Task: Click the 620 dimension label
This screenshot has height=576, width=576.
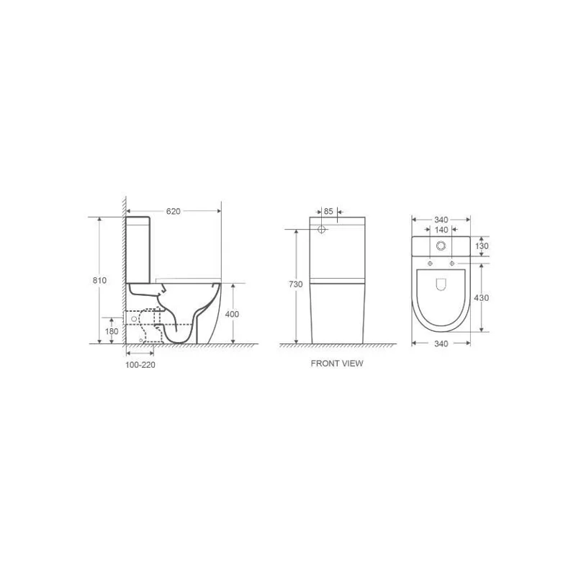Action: coord(174,211)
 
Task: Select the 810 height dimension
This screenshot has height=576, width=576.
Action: coord(99,280)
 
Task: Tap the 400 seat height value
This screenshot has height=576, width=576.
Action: coord(232,314)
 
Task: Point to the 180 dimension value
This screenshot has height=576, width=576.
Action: coord(112,331)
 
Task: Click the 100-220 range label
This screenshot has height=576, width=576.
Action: coord(140,365)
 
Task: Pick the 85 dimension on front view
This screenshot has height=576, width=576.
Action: coord(328,211)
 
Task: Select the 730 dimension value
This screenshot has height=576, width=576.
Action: coord(296,284)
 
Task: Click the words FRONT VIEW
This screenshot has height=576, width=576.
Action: coord(337,364)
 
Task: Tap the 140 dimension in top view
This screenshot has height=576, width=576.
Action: coord(441,230)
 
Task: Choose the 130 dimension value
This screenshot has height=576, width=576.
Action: coord(482,246)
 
